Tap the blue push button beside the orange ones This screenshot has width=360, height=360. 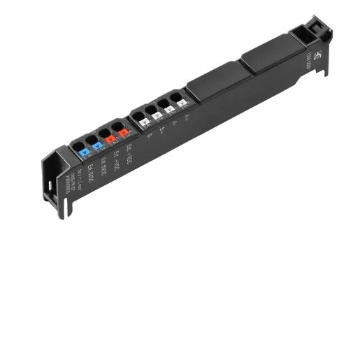pyautogui.click(x=98, y=145)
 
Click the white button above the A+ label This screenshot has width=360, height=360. pyautogui.click(x=182, y=103)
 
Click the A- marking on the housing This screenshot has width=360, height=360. pyautogui.click(x=174, y=125)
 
